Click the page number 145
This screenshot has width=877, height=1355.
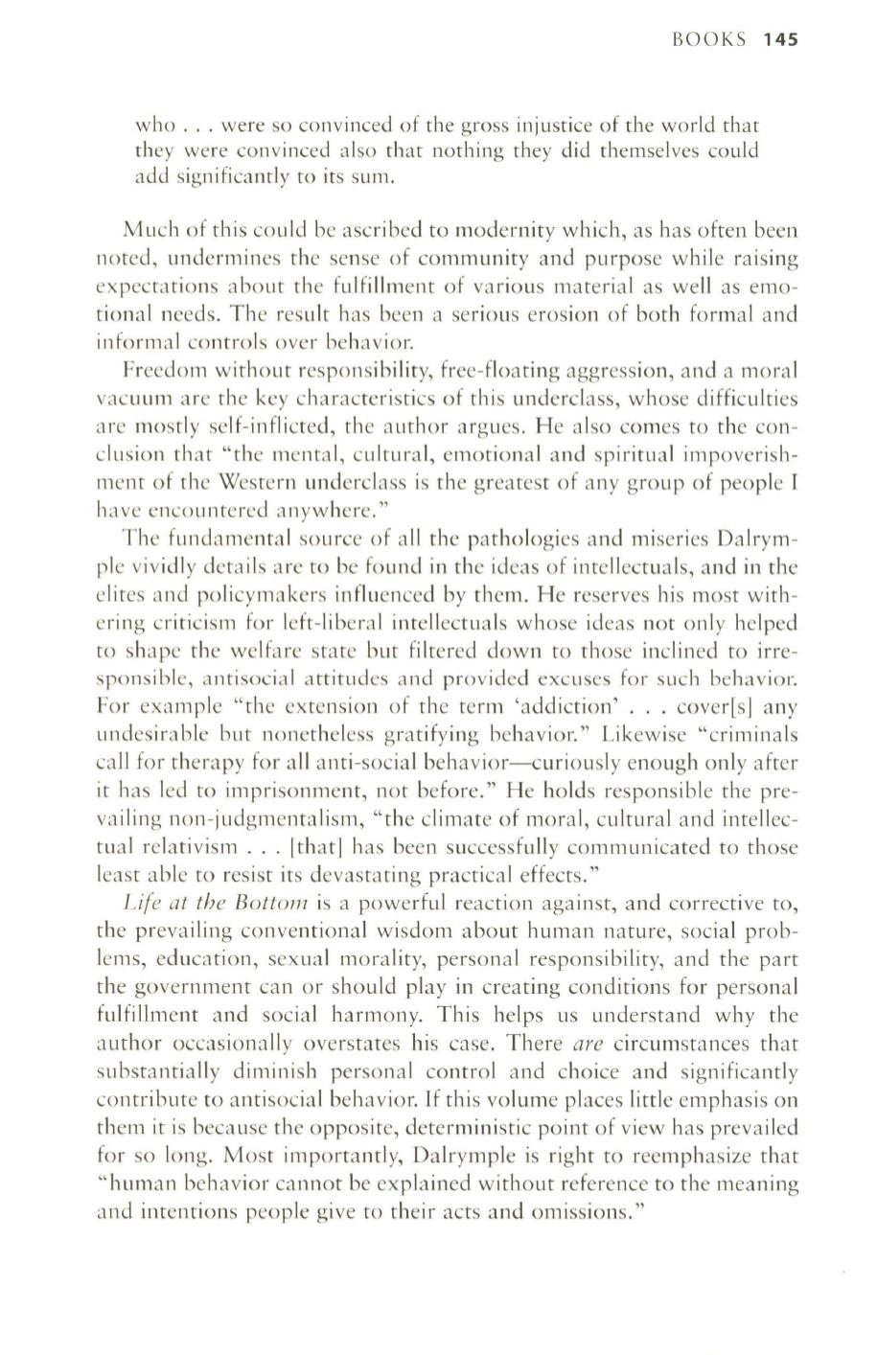pyautogui.click(x=782, y=40)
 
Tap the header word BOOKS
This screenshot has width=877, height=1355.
pyautogui.click(x=709, y=40)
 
